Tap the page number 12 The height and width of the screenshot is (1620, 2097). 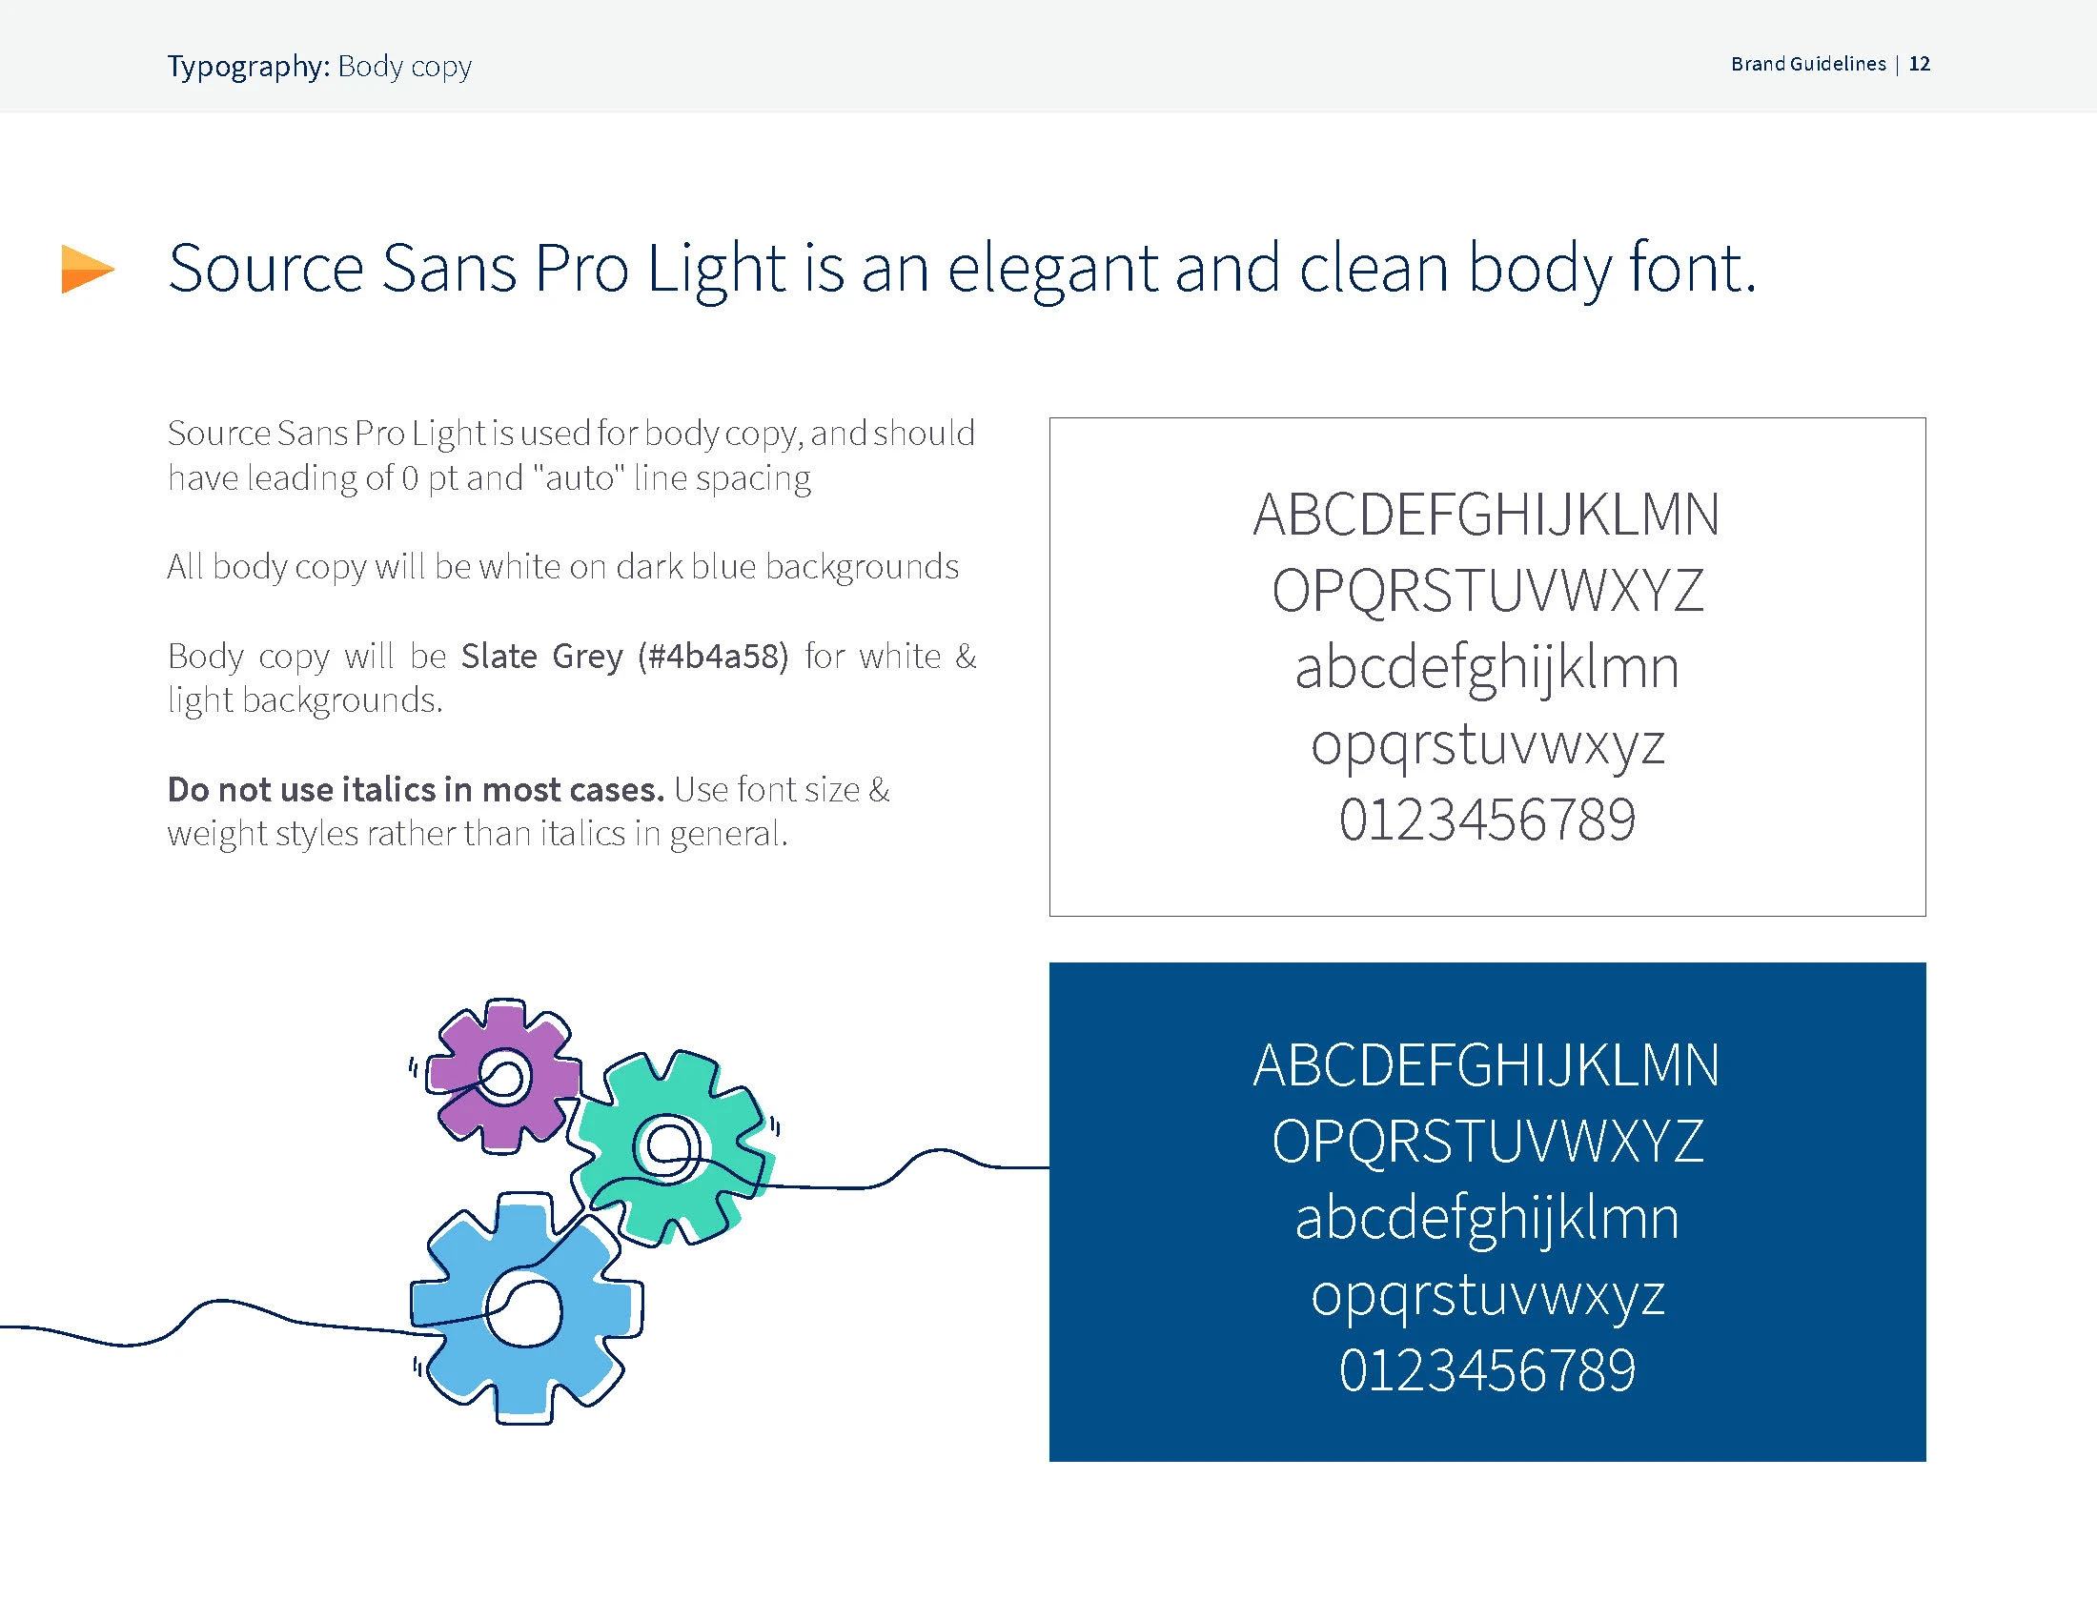1920,64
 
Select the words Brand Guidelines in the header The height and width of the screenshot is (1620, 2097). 1809,64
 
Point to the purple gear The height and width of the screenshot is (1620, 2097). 502,1075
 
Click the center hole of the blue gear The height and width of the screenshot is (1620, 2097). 524,1307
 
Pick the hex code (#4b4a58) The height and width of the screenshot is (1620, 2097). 713,657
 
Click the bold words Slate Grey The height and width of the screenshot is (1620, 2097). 542,657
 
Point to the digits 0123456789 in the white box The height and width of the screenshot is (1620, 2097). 1487,820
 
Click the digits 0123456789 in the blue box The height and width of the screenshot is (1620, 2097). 1487,1370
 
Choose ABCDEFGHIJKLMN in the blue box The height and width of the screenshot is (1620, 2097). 1486,1065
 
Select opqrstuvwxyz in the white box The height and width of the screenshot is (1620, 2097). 1487,747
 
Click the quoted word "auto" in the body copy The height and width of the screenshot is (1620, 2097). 579,477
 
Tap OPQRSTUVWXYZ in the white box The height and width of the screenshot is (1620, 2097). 1487,591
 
